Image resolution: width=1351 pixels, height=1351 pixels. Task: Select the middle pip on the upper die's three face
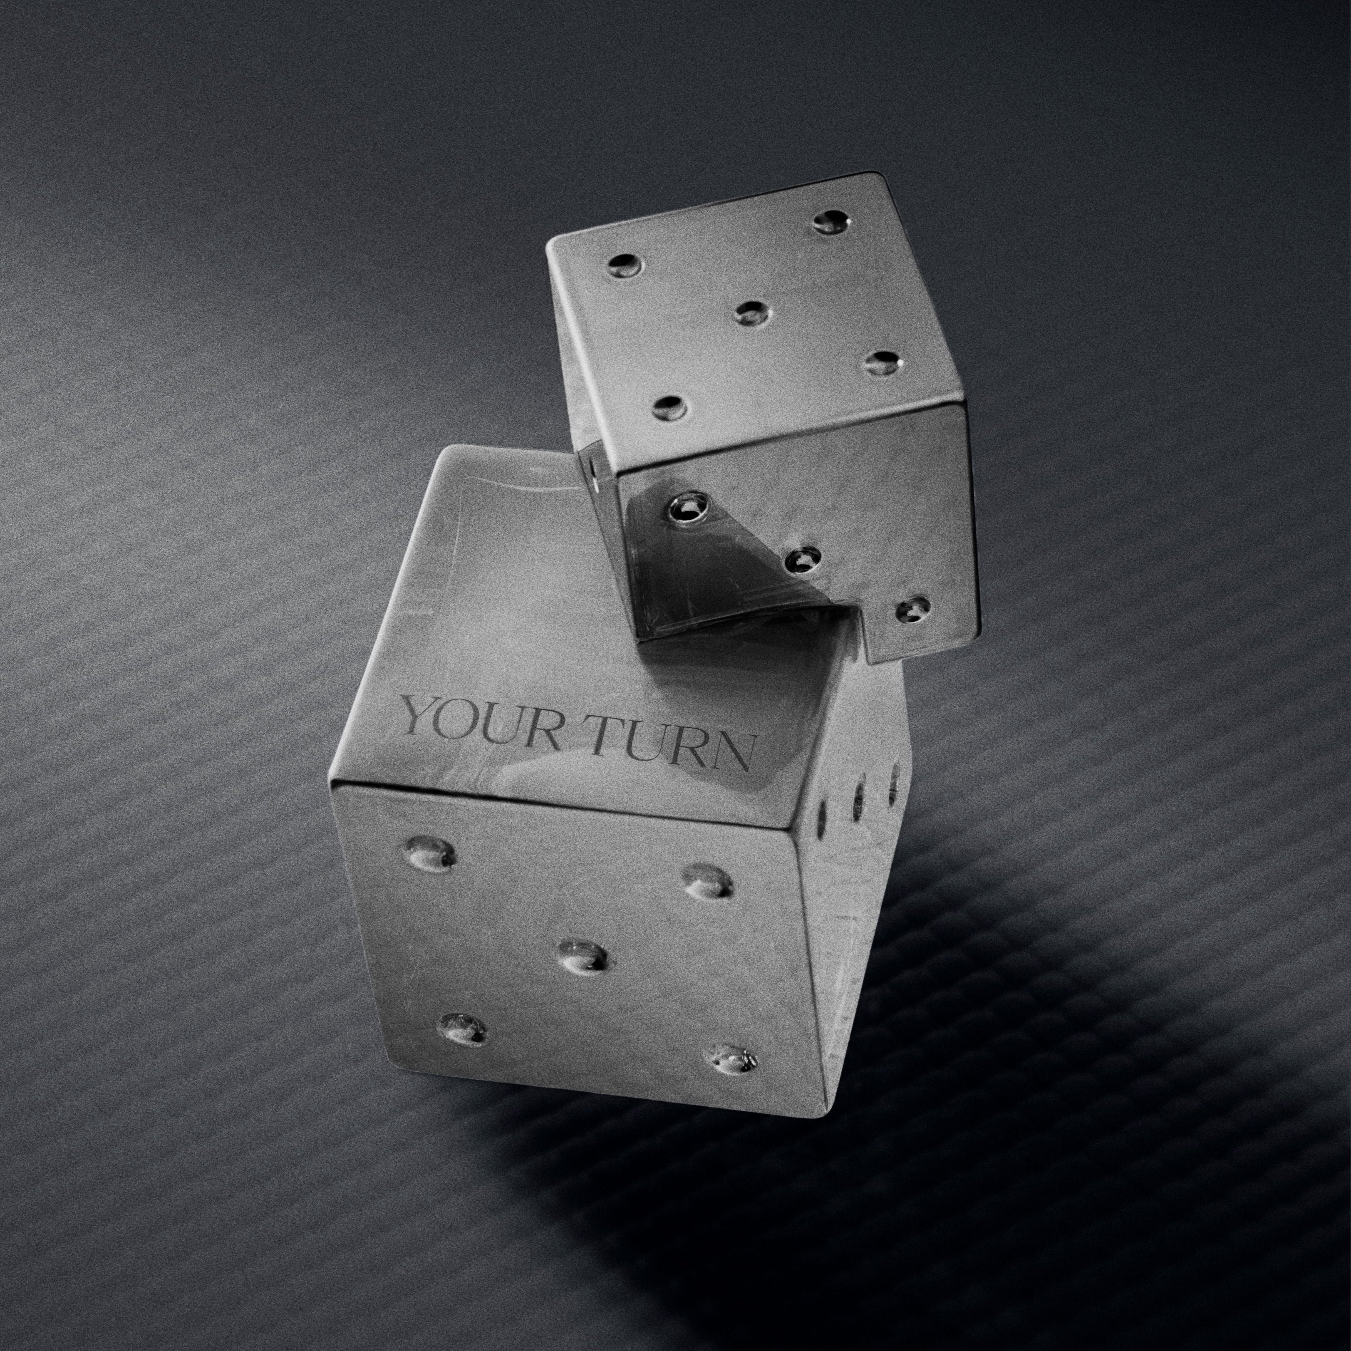802,559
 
